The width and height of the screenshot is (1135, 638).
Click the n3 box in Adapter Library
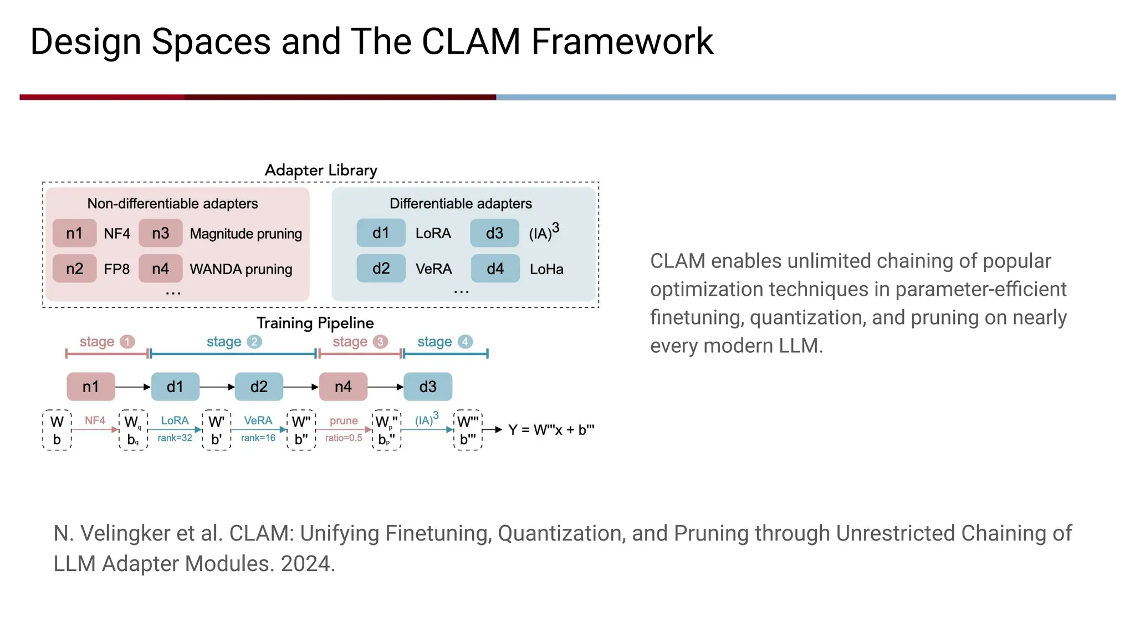(x=160, y=233)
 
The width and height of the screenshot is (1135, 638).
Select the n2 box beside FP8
(x=74, y=269)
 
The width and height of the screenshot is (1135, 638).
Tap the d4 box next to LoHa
(x=495, y=269)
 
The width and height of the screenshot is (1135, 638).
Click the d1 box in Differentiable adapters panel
(x=381, y=233)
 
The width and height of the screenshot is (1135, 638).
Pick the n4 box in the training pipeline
(x=343, y=387)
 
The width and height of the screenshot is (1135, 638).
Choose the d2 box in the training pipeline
(x=259, y=387)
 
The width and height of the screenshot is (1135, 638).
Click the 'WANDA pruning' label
(x=241, y=269)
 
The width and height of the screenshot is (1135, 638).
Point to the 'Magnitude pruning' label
(x=246, y=234)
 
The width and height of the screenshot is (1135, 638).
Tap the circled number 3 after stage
(x=380, y=342)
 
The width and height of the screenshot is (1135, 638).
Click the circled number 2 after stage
(x=254, y=342)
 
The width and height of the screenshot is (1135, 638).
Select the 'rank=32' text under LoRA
(x=175, y=438)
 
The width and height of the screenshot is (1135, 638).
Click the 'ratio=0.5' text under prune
(x=344, y=438)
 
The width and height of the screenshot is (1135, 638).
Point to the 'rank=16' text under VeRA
(x=258, y=438)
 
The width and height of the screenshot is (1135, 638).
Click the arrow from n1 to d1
(x=133, y=387)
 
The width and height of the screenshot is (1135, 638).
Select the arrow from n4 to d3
(x=386, y=387)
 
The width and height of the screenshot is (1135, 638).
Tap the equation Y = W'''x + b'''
(x=551, y=430)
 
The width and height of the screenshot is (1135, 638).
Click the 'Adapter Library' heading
(x=321, y=170)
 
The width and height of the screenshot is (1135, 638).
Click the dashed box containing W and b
(x=57, y=430)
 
